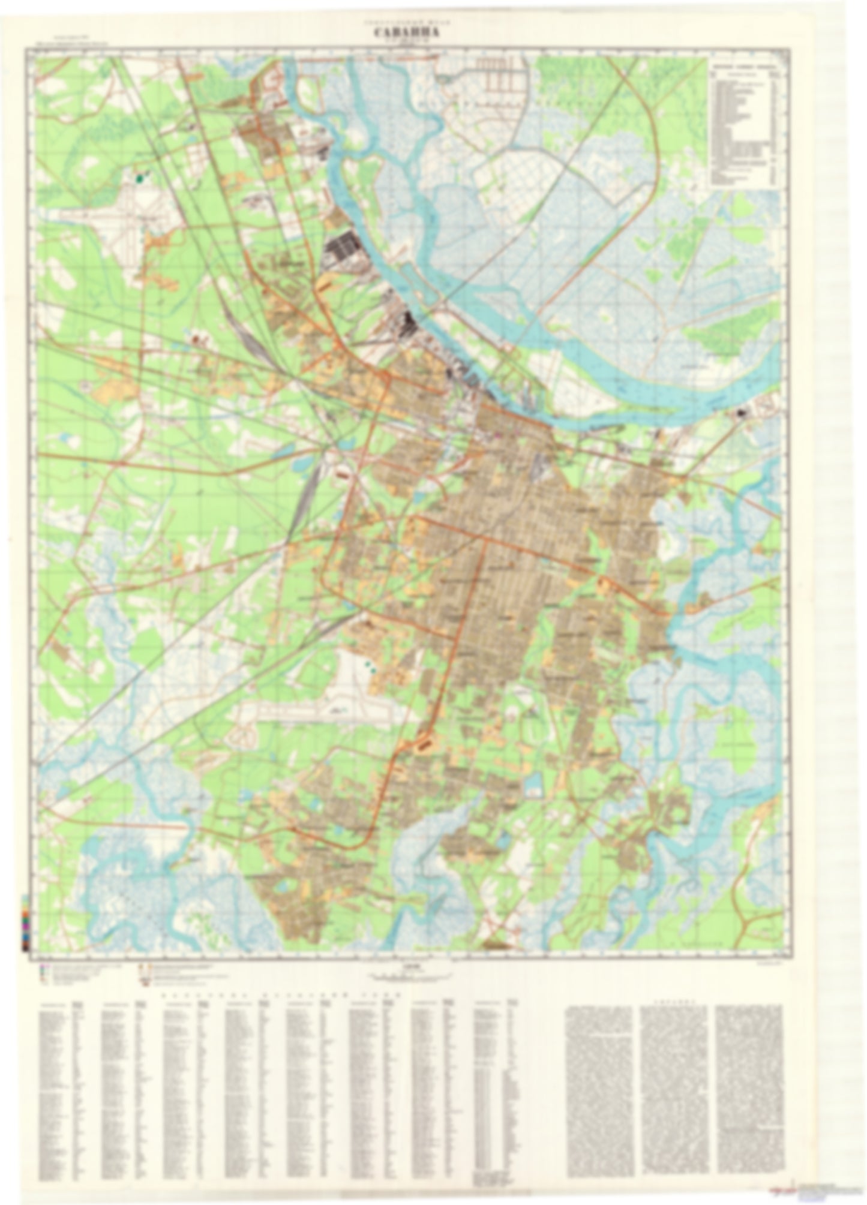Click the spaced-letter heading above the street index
(276, 995)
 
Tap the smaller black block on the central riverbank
(412, 324)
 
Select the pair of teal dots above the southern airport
(368, 665)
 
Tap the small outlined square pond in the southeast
(533, 791)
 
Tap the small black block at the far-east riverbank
(743, 413)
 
